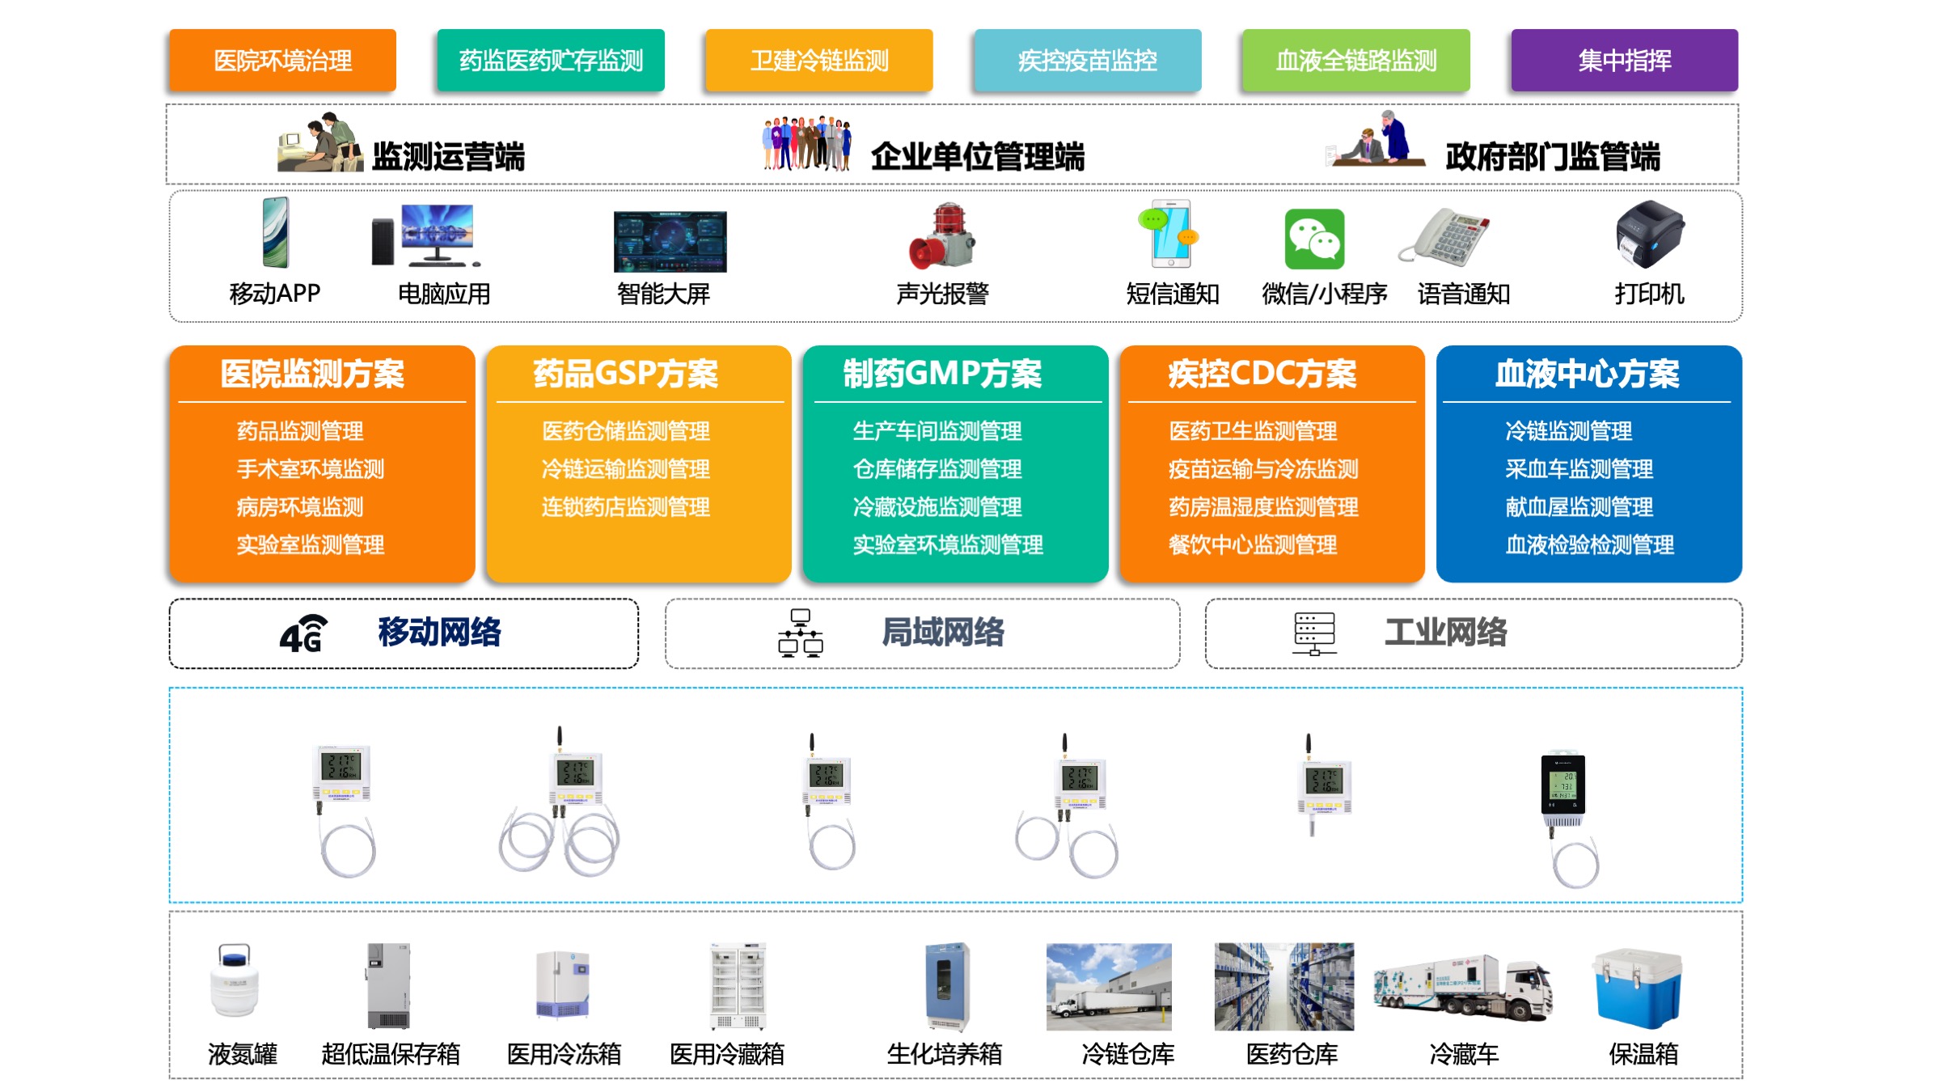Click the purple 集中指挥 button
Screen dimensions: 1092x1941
coord(1624,61)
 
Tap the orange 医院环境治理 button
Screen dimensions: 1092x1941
coord(282,61)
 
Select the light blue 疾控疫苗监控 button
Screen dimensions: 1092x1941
coord(1087,61)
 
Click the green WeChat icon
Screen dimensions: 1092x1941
coord(1314,239)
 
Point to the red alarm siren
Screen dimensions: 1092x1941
coord(942,236)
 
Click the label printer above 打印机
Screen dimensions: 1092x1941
coord(1649,234)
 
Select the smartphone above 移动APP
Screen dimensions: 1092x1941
coord(276,232)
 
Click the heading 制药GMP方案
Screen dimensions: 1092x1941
coord(942,374)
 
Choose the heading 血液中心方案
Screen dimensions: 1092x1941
coord(1587,374)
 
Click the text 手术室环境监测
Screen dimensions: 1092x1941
coord(311,469)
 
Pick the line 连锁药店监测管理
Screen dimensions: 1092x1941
coord(625,507)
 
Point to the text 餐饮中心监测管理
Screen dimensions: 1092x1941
coord(1252,545)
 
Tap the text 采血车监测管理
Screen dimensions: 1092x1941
coord(1579,469)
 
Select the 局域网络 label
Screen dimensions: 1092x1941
coord(942,633)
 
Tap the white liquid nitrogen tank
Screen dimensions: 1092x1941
coord(235,980)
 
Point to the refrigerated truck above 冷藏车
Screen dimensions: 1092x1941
coord(1462,986)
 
